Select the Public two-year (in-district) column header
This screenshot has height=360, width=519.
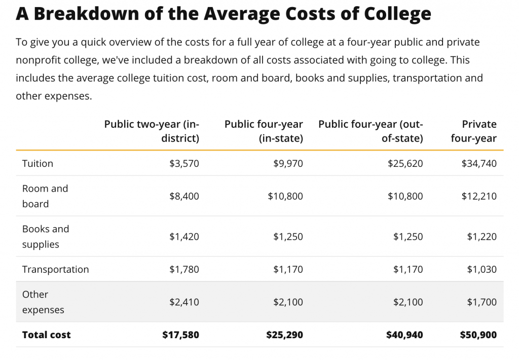coord(152,131)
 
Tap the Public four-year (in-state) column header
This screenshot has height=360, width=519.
coord(264,131)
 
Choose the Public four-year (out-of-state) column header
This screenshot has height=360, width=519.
coord(370,131)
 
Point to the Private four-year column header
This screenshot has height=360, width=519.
coord(473,131)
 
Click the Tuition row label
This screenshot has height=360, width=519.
coord(38,163)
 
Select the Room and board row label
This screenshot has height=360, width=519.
coord(45,196)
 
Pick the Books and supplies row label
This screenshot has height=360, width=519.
coord(45,236)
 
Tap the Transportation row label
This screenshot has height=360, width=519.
coord(55,269)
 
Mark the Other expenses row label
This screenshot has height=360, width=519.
coord(43,302)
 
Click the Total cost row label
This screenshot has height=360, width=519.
coord(46,335)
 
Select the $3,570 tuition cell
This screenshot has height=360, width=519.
coord(184,163)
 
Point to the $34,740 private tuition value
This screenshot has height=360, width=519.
coord(478,163)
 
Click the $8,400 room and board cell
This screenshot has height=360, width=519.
coord(184,196)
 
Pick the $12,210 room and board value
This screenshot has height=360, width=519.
coord(478,196)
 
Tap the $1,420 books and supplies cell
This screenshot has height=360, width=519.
coord(184,236)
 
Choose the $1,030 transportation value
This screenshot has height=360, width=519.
coord(481,269)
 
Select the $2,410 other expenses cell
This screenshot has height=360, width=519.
coord(184,302)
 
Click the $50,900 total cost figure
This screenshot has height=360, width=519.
coord(478,335)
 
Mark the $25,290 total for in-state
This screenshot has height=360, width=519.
coord(284,335)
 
